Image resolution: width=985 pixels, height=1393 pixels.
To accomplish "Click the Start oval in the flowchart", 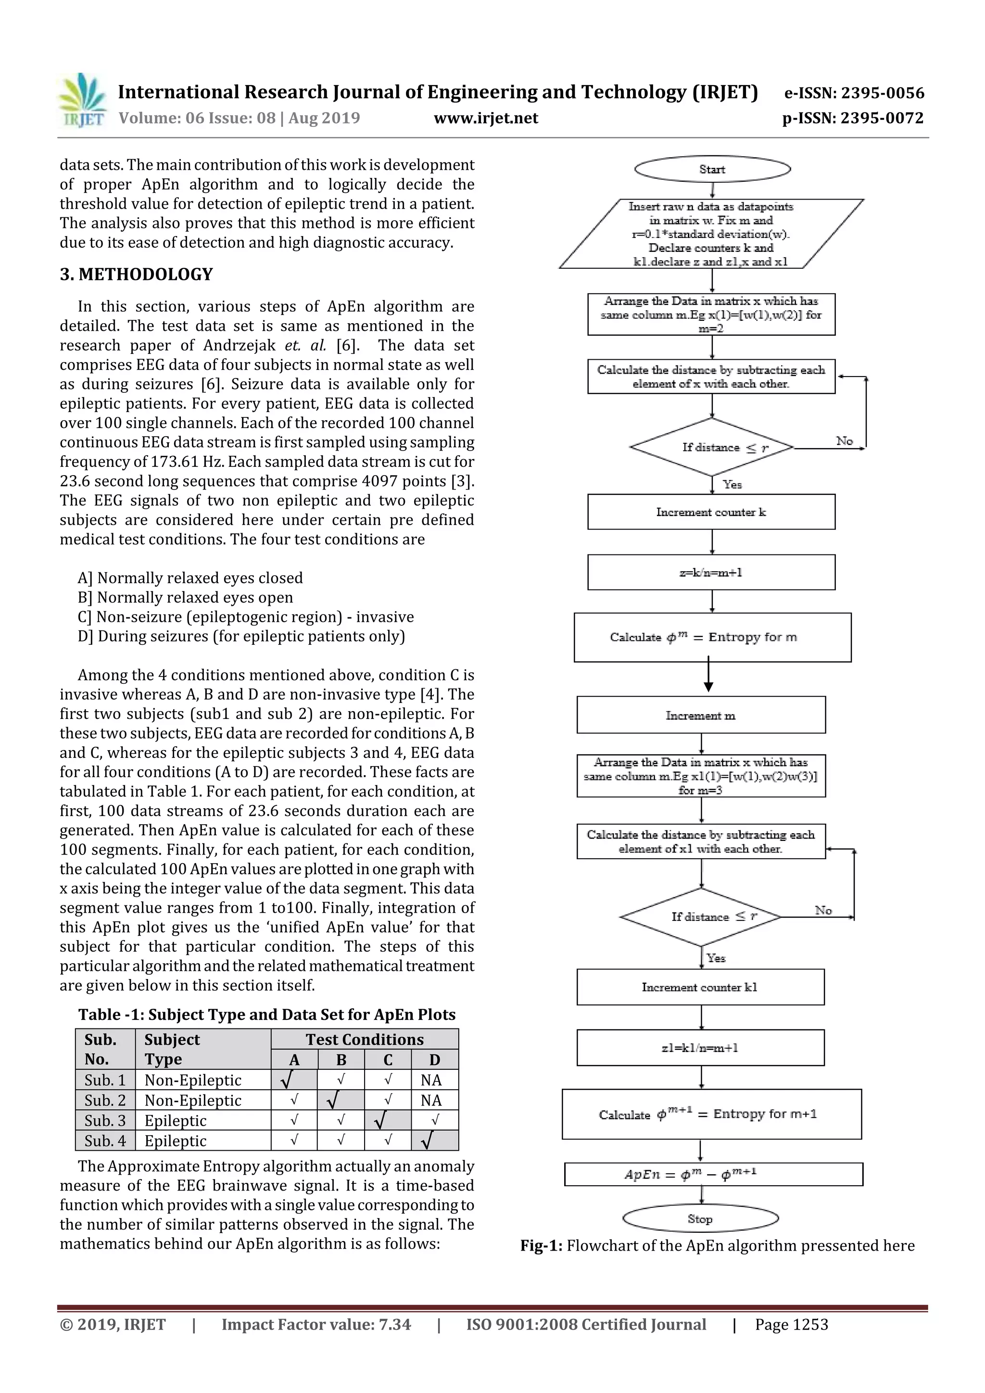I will (712, 169).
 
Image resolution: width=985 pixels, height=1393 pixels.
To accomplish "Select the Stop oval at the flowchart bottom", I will (700, 1218).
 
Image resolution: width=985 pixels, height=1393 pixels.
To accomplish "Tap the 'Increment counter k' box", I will (711, 512).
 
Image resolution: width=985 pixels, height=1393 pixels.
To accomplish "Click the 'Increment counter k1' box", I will (700, 987).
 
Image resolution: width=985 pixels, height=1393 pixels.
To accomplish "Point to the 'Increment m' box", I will (701, 715).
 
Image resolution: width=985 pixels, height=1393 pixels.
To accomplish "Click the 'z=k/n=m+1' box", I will (711, 572).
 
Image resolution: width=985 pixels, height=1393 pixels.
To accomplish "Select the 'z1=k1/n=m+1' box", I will (700, 1048).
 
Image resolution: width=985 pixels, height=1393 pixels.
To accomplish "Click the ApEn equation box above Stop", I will (713, 1175).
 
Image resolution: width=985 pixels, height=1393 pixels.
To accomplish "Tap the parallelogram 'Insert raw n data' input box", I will (711, 234).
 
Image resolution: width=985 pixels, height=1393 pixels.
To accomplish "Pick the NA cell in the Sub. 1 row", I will (431, 1080).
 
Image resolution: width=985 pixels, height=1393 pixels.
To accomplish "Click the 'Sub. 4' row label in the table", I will (105, 1141).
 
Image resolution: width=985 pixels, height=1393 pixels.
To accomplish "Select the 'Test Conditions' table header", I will (364, 1039).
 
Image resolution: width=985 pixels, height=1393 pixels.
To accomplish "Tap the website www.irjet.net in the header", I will (485, 118).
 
